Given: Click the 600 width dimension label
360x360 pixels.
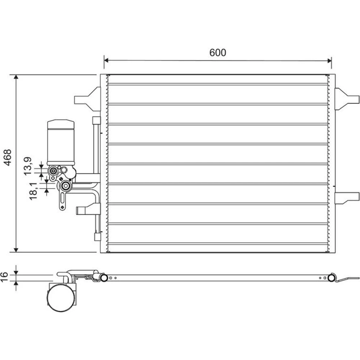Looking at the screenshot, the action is point(218,53).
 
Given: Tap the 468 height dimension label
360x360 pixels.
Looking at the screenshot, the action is point(8,158).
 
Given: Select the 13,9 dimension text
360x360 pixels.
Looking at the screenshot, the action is point(28,166).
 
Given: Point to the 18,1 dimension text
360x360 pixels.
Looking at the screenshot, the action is point(33,191).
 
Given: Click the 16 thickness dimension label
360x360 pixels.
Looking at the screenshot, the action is point(4,276).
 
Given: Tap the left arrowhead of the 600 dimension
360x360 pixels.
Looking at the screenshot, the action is point(106,60).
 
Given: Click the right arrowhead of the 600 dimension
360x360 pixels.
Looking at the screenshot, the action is point(329,60).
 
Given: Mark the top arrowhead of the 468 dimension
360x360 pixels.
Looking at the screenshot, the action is point(16,77).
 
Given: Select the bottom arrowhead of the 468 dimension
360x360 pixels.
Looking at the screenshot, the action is point(16,250).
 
